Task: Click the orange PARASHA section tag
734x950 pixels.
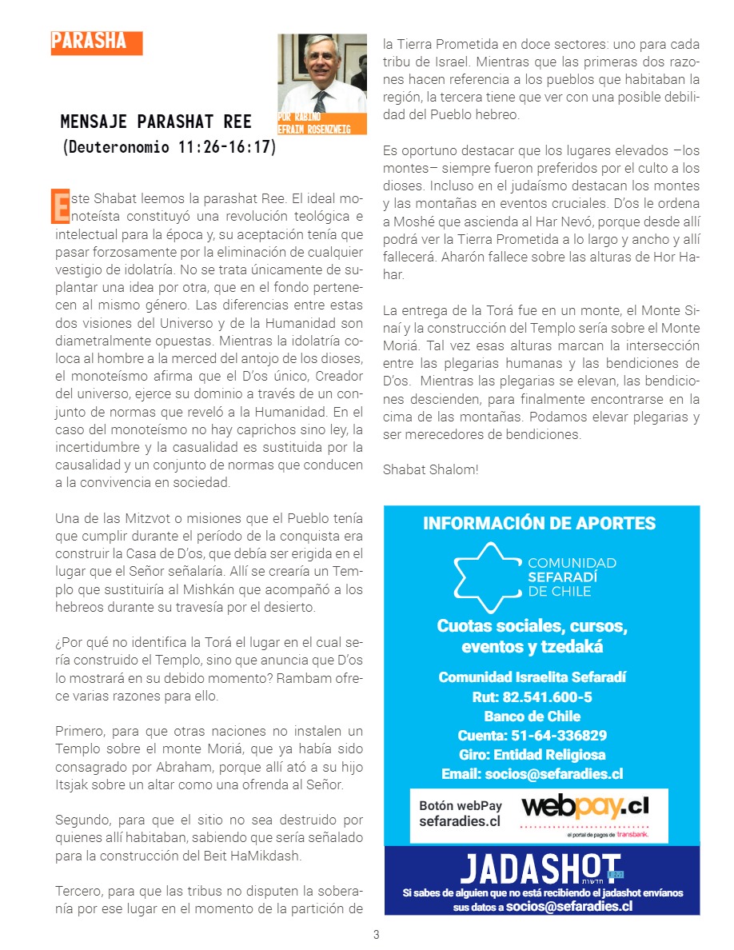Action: (96, 42)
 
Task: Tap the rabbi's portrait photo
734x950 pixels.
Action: (322, 74)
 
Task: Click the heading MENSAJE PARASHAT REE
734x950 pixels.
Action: (156, 122)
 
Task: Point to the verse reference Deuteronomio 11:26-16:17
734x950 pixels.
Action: (169, 147)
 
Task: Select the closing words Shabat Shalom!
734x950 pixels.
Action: (431, 469)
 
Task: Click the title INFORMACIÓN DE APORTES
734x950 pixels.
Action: (539, 524)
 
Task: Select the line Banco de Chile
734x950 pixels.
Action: (532, 716)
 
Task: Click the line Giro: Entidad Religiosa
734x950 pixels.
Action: (532, 755)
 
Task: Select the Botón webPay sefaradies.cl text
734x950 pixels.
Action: (461, 813)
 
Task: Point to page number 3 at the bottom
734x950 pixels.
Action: (376, 935)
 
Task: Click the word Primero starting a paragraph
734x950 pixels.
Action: (79, 731)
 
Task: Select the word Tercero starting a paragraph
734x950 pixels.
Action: (79, 891)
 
